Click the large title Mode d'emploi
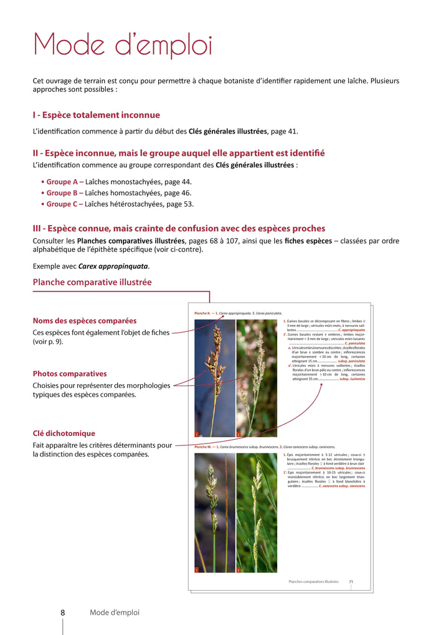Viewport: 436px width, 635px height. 123,46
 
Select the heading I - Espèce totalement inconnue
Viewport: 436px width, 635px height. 96,115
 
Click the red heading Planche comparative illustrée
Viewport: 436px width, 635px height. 92,283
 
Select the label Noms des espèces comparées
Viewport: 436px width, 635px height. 85,321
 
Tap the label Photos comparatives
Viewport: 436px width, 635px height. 70,374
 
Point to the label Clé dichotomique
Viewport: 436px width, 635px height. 64,434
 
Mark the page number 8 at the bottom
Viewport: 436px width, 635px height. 62,613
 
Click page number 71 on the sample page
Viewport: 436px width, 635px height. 351,581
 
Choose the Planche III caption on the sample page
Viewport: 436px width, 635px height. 265,447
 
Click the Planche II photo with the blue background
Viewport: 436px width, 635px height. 214,377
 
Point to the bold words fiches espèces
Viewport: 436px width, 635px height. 308,241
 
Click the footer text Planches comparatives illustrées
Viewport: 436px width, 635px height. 313,581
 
